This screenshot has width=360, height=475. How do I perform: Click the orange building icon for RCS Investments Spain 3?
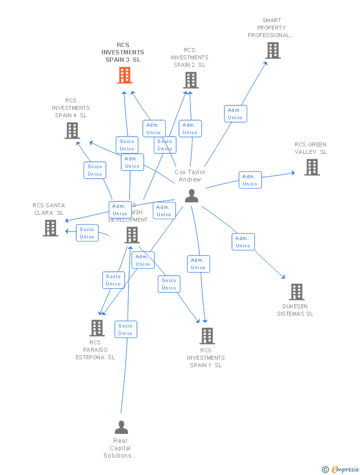pyautogui.click(x=124, y=75)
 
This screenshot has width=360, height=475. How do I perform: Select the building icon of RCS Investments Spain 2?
pyautogui.click(x=190, y=80)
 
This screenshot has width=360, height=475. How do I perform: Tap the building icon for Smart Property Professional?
pyautogui.click(x=272, y=50)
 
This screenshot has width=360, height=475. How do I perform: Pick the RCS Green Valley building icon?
pyautogui.click(x=312, y=167)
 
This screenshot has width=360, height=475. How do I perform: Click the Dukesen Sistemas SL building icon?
pyautogui.click(x=296, y=292)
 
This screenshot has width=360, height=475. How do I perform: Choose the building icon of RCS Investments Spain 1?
pyautogui.click(x=207, y=336)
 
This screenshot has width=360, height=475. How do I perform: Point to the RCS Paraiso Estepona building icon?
pyautogui.click(x=96, y=328)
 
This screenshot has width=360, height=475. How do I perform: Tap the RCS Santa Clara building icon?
pyautogui.click(x=50, y=228)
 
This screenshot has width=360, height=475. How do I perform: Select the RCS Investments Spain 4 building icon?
pyautogui.click(x=72, y=131)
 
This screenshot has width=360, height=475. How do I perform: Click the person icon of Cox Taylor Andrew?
pyautogui.click(x=191, y=196)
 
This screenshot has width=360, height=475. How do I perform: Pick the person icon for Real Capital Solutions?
pyautogui.click(x=121, y=427)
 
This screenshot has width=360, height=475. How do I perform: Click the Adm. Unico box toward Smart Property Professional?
pyautogui.click(x=235, y=114)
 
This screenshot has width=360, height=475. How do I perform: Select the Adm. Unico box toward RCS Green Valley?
pyautogui.click(x=250, y=180)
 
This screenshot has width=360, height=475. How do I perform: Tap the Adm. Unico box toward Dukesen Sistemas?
pyautogui.click(x=243, y=242)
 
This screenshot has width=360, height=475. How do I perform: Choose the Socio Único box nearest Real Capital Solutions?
pyautogui.click(x=126, y=330)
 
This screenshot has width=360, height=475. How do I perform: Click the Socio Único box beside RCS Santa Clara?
pyautogui.click(x=87, y=233)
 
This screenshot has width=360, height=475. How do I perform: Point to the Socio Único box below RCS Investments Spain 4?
pyautogui.click(x=94, y=170)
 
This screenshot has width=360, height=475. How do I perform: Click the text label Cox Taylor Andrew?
pyautogui.click(x=190, y=176)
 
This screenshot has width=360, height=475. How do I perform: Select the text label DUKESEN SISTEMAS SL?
pyautogui.click(x=295, y=310)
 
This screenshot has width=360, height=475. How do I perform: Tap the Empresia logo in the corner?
pyautogui.click(x=340, y=469)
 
